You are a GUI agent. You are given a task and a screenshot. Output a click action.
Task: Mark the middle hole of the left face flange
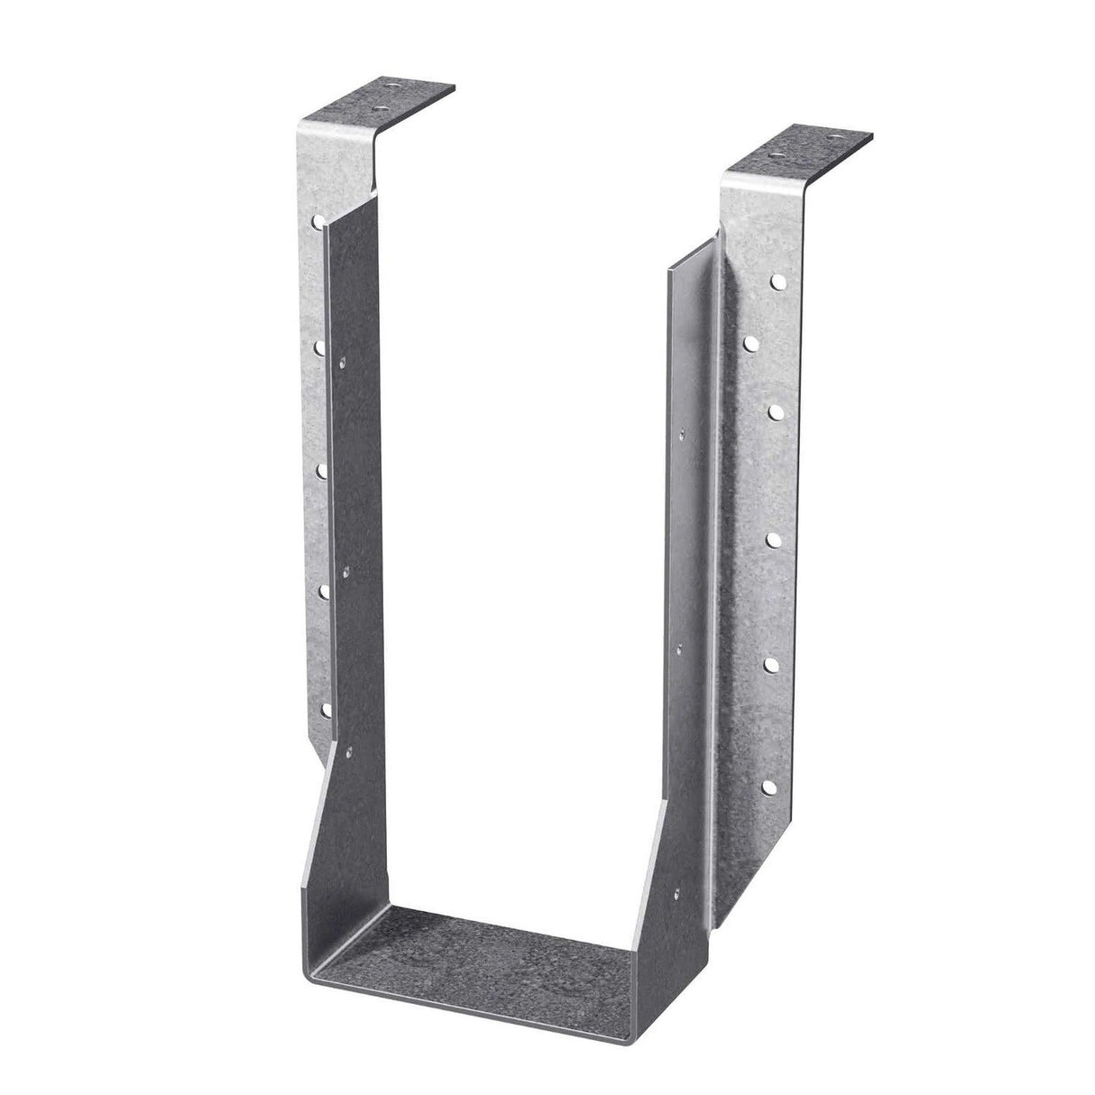321,469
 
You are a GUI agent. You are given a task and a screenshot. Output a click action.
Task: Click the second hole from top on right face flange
749,342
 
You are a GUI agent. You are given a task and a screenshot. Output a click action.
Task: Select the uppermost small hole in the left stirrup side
342,363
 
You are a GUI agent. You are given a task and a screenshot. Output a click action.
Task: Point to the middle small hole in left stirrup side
345,570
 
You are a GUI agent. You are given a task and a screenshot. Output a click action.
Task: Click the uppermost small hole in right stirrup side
678,436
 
